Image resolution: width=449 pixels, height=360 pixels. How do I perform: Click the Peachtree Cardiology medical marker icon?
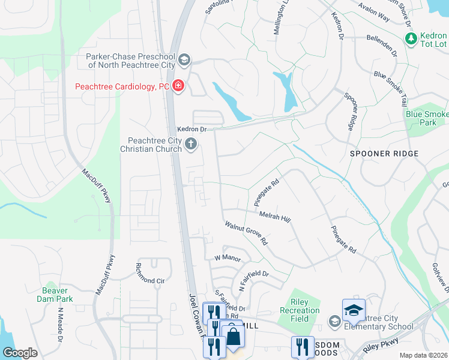178,86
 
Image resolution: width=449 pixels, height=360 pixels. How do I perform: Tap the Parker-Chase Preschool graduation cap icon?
184,59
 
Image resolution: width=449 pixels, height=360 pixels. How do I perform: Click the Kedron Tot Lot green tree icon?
411,39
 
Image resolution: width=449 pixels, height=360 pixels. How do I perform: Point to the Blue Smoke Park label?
427,118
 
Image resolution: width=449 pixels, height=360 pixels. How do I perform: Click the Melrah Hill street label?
275,217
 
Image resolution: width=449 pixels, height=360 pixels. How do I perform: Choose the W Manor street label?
228,258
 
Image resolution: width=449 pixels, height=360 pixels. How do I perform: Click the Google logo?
20,353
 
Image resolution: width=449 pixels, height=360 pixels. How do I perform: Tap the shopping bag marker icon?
233,336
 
